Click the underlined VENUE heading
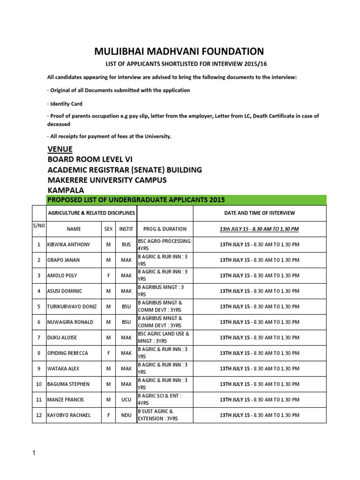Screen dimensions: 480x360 60,149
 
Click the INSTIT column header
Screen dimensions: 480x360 126,229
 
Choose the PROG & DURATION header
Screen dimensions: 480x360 165,229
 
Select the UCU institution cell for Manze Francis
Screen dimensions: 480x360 126,399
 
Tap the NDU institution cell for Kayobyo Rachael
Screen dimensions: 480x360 126,415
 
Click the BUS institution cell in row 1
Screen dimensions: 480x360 126,244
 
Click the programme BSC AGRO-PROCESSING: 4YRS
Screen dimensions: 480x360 165,244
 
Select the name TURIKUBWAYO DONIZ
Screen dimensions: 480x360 72,307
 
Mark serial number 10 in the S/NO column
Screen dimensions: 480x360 38,384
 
